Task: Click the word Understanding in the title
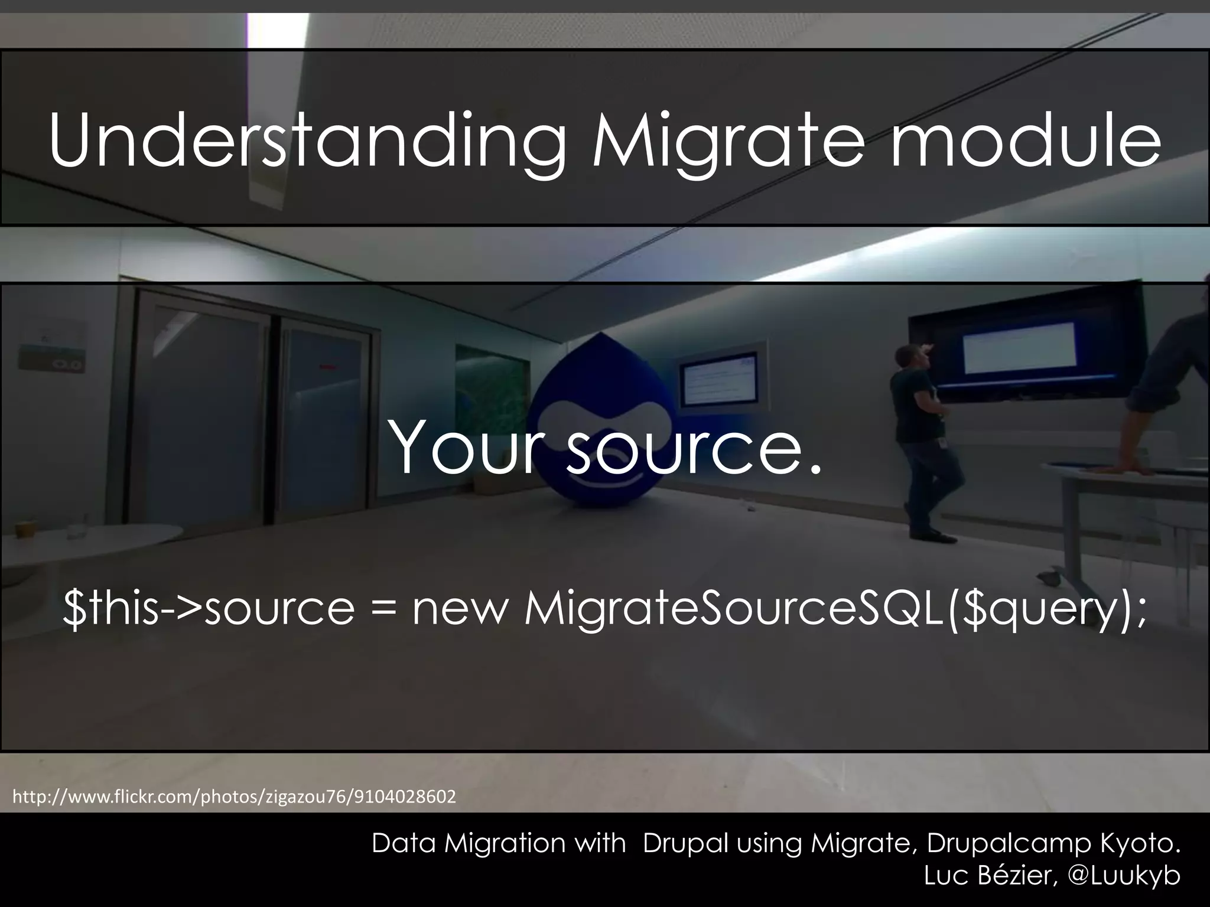click(x=307, y=142)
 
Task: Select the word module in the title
click(x=1025, y=142)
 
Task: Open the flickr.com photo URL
click(x=234, y=797)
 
